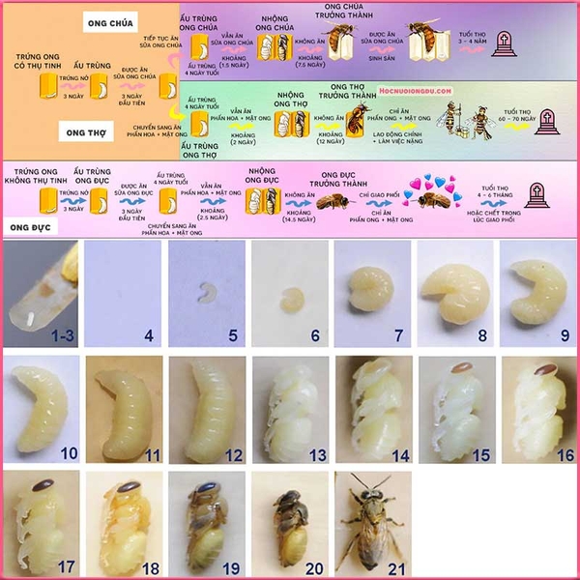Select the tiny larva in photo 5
206,290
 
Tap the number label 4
149,338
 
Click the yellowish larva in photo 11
123,410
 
